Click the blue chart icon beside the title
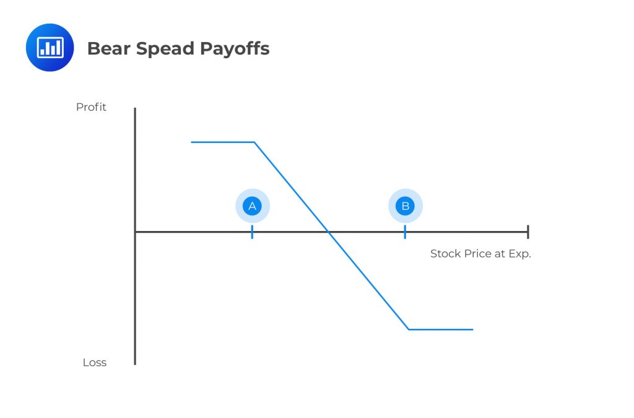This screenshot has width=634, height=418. click(x=50, y=48)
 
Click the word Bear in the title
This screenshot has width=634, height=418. click(x=108, y=49)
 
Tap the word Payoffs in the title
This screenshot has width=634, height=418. click(x=233, y=50)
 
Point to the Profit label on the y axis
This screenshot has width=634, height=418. click(x=91, y=107)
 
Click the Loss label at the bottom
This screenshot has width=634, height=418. click(x=95, y=363)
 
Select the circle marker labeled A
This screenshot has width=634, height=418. click(x=252, y=206)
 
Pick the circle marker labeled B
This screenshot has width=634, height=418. click(x=405, y=206)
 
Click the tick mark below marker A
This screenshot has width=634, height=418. click(x=252, y=232)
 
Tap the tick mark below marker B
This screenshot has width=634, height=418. click(x=405, y=232)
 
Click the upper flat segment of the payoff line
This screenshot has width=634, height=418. click(x=223, y=142)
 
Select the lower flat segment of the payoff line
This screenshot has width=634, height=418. click(x=441, y=329)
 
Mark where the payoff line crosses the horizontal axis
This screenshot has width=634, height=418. click(x=329, y=232)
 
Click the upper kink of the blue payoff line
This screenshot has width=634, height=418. click(x=254, y=142)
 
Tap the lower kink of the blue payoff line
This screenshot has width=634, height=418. click(x=409, y=329)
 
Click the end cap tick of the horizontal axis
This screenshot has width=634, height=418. click(x=528, y=232)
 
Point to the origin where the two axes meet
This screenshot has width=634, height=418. click(x=135, y=232)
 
